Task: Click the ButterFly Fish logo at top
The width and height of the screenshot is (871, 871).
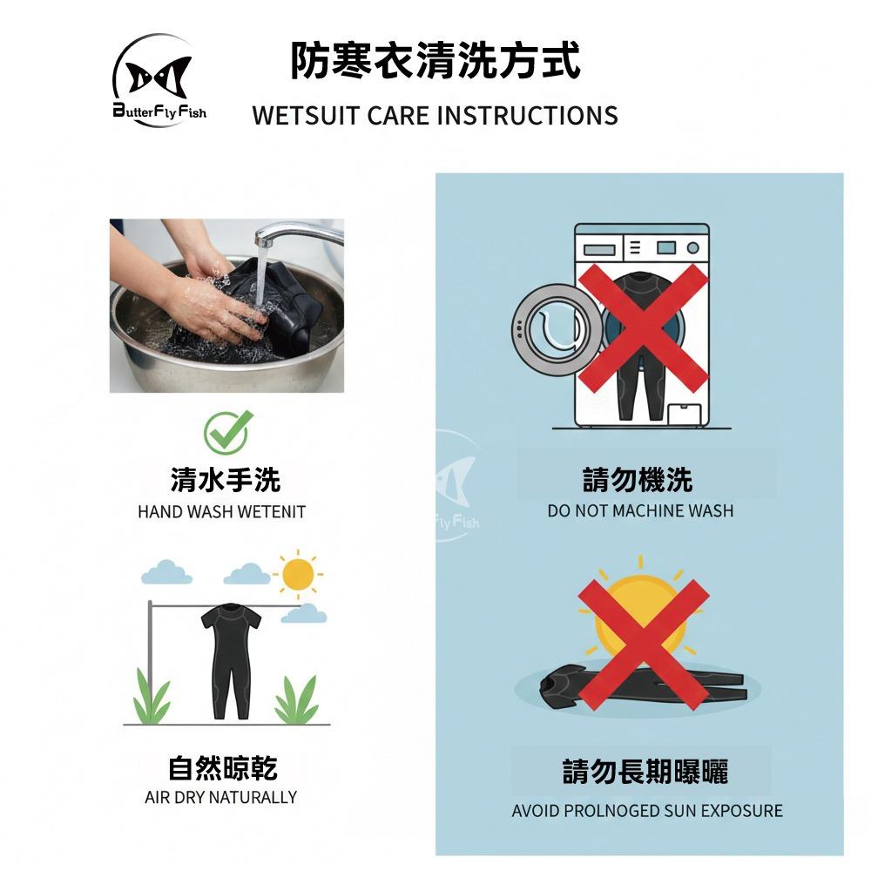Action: tap(159, 80)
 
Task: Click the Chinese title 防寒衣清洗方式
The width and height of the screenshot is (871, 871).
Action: tap(435, 60)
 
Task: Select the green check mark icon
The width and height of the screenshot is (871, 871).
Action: tap(227, 432)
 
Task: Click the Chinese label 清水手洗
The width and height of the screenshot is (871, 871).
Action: tap(225, 480)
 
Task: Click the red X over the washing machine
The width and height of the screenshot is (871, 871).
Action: tap(644, 327)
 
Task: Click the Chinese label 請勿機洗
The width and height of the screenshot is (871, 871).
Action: tap(638, 480)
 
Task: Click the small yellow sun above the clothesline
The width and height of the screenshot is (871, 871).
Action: tap(298, 574)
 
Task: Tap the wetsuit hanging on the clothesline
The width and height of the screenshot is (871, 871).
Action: tap(231, 661)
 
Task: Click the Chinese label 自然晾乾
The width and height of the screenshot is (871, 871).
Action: tap(223, 768)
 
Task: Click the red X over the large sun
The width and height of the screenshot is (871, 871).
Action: tap(644, 645)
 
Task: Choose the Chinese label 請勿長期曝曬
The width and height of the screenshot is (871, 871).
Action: tap(645, 771)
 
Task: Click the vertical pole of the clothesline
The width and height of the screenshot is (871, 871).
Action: tap(150, 662)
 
